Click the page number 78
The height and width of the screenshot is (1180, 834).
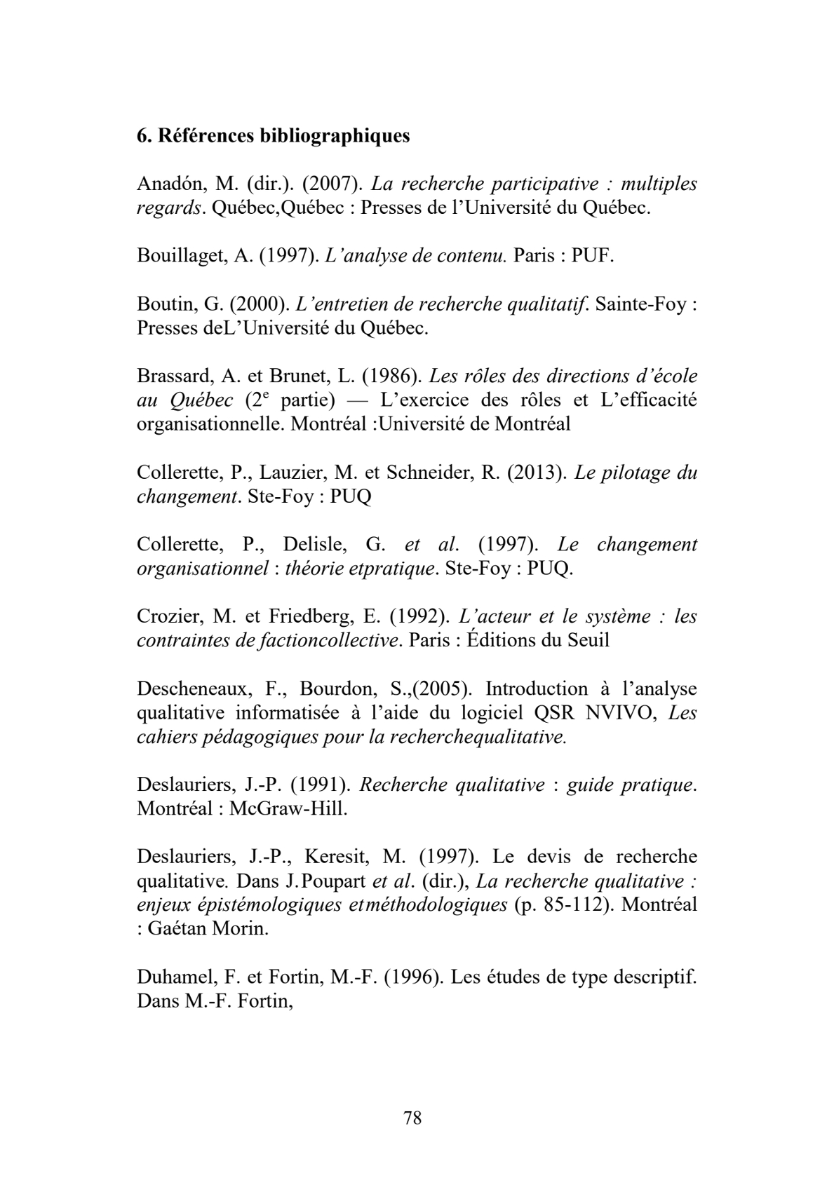coord(413,1118)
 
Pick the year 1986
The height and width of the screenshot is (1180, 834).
coord(390,377)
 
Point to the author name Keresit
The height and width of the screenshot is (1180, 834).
coord(338,857)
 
